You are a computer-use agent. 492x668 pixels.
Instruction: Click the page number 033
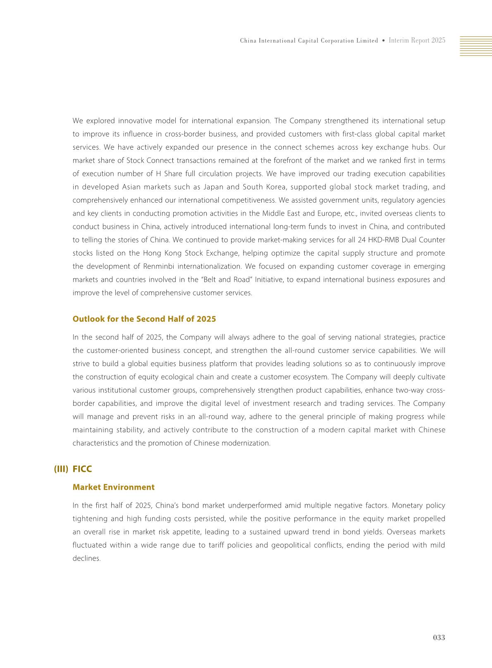tap(439, 637)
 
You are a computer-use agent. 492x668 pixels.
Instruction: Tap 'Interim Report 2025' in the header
tap(417, 41)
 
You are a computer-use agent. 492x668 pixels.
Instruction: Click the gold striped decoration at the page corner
tap(475, 46)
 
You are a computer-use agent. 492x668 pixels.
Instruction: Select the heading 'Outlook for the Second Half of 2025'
tap(144, 319)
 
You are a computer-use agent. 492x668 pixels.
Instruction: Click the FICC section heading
tap(82, 469)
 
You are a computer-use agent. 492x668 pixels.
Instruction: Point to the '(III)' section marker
tap(61, 469)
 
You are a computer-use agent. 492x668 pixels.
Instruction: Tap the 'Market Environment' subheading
tap(113, 487)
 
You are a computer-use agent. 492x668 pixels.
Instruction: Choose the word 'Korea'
tap(276, 187)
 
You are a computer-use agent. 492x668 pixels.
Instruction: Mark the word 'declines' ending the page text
tap(86, 558)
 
